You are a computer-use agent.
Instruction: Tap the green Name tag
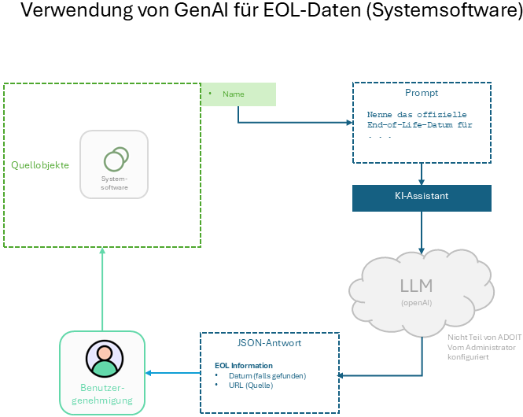pyautogui.click(x=234, y=94)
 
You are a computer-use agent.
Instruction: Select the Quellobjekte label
pyautogui.click(x=40, y=165)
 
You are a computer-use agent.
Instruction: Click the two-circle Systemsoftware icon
pyautogui.click(x=115, y=158)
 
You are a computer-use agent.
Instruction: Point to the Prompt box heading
pyautogui.click(x=422, y=93)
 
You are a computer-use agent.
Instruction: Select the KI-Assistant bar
pyautogui.click(x=422, y=197)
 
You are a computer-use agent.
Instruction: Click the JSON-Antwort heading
pyautogui.click(x=270, y=343)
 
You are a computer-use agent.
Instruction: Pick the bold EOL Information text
pyautogui.click(x=244, y=366)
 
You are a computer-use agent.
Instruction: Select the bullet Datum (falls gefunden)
pyautogui.click(x=266, y=375)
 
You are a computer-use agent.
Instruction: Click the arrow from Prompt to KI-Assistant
pyautogui.click(x=422, y=174)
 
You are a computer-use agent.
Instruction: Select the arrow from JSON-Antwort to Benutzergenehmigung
pyautogui.click(x=174, y=374)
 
